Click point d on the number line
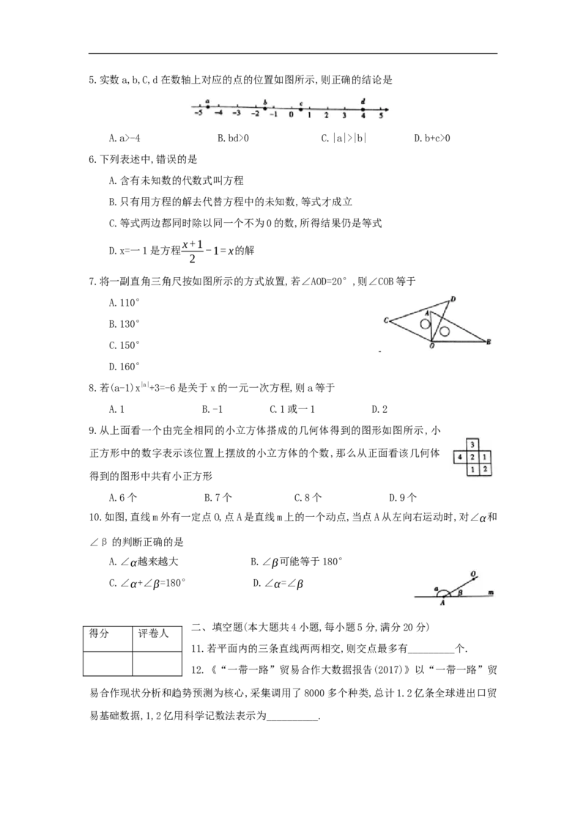click(x=363, y=109)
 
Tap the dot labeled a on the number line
click(x=207, y=107)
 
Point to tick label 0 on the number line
click(x=291, y=115)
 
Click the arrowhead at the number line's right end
click(x=387, y=109)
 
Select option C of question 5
click(x=344, y=138)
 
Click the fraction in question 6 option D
click(x=193, y=251)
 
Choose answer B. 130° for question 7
click(x=125, y=324)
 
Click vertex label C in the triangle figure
click(x=387, y=320)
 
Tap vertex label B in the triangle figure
click(x=489, y=342)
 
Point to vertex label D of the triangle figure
click(x=453, y=300)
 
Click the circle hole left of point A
click(x=426, y=326)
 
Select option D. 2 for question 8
click(x=379, y=409)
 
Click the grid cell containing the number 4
click(x=460, y=457)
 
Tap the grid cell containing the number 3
click(x=472, y=444)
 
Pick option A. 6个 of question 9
click(x=123, y=498)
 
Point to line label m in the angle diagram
click(x=490, y=593)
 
